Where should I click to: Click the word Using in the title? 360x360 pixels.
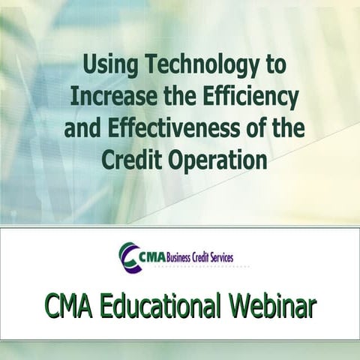point(106,65)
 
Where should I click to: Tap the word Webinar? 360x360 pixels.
point(273,306)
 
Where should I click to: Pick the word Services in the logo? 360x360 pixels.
point(219,257)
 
